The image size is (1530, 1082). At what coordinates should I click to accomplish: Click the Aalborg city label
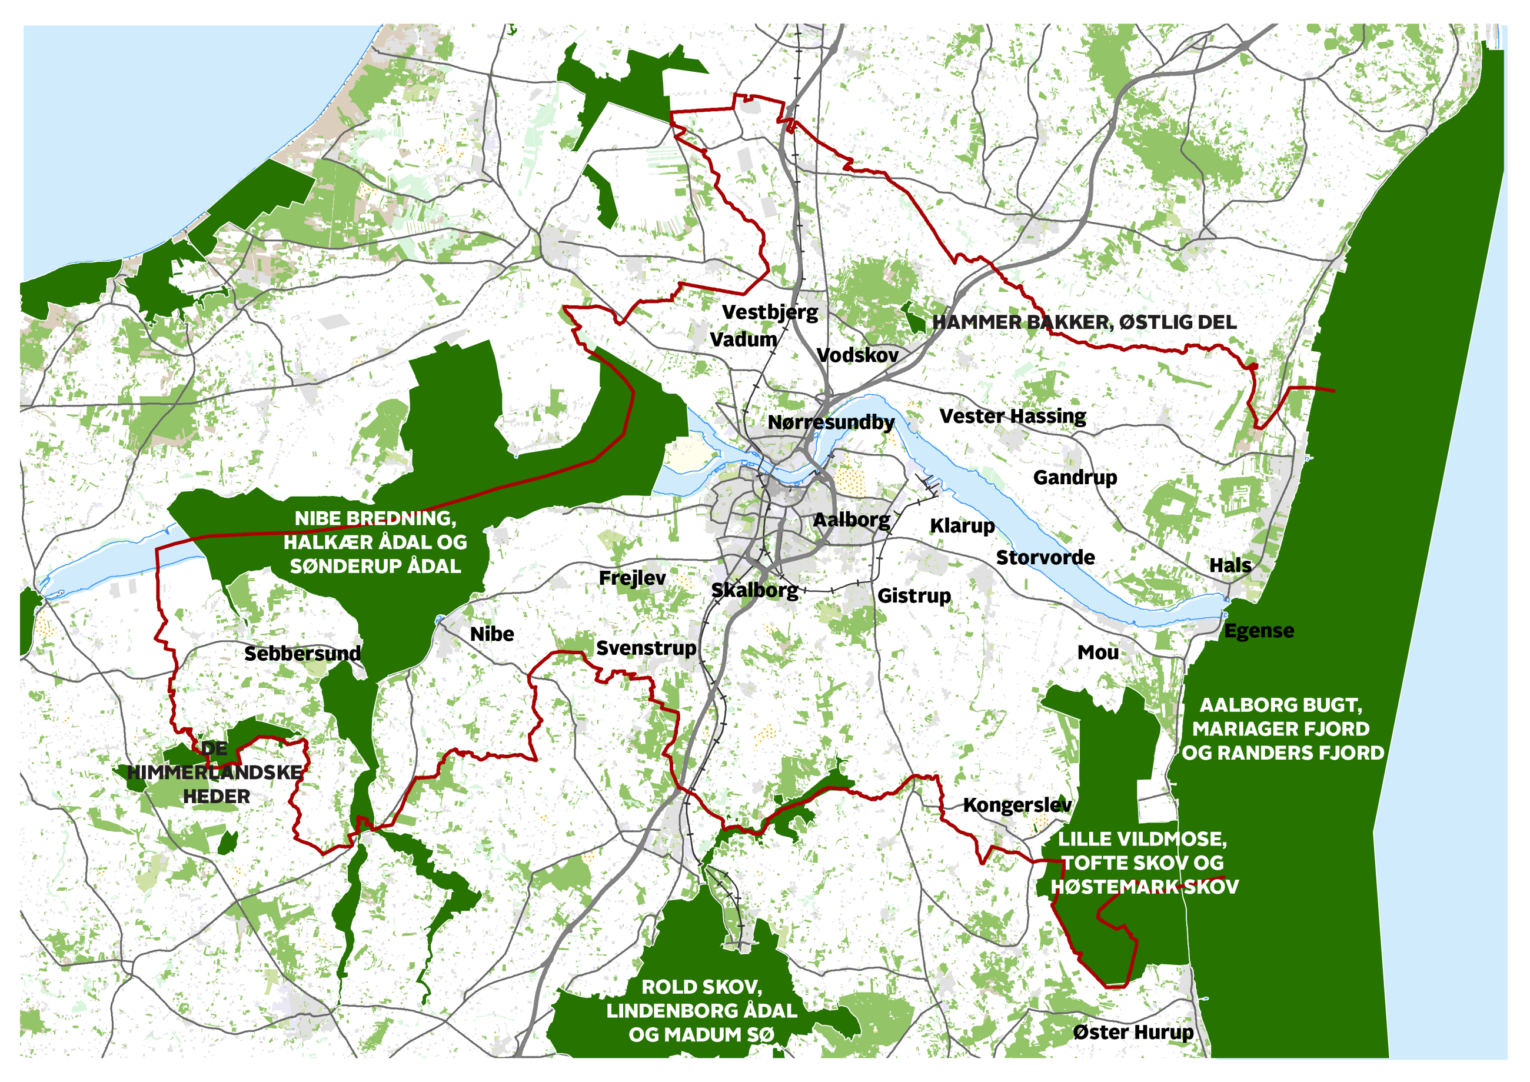click(851, 520)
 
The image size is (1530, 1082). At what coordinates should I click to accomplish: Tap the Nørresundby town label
click(830, 422)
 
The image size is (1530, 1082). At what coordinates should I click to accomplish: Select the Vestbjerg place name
click(770, 312)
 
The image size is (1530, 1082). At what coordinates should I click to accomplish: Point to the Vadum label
click(743, 340)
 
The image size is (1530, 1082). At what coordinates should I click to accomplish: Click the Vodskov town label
click(857, 355)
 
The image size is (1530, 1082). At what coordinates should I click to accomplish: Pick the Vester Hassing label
click(1012, 417)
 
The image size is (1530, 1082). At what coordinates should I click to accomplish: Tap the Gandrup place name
click(1075, 478)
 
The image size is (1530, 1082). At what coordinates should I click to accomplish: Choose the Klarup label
click(962, 525)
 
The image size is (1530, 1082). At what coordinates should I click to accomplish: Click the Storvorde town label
click(1045, 558)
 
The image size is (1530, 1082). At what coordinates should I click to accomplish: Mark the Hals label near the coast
click(1230, 565)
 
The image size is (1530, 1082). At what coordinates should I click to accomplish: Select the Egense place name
click(1259, 631)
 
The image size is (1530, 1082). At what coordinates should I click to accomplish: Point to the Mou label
click(1097, 652)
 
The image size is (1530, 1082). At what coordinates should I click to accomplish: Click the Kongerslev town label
click(1017, 805)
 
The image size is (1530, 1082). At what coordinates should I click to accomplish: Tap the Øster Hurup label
click(1133, 1033)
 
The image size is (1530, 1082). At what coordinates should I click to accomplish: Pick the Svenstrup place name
click(646, 648)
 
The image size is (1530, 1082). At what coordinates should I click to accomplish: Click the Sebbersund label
click(302, 654)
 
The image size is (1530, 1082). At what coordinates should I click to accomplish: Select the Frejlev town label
click(632, 578)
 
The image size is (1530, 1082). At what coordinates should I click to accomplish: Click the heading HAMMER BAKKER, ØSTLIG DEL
click(1083, 322)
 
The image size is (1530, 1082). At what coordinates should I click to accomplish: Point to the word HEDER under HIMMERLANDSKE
click(217, 796)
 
